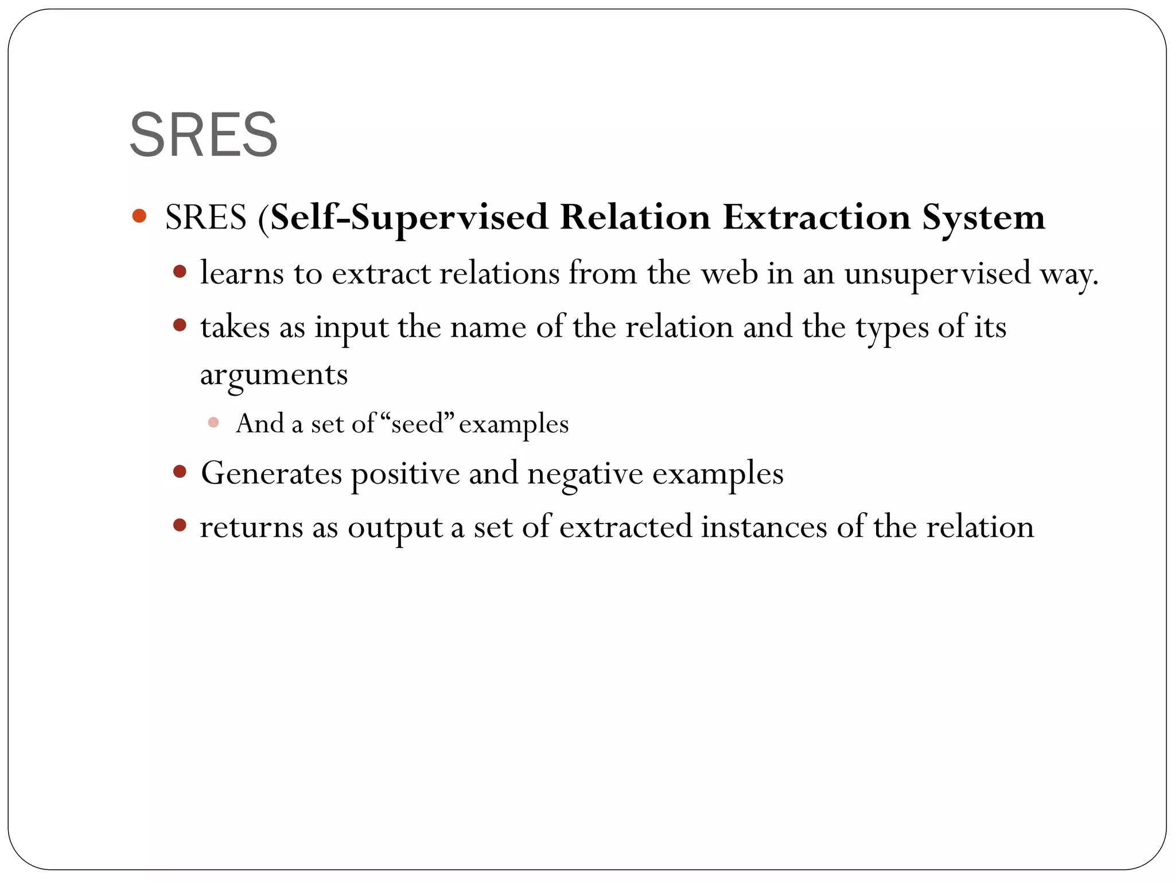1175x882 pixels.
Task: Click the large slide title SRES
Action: click(x=204, y=135)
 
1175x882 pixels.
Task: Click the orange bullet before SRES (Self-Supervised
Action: click(x=139, y=216)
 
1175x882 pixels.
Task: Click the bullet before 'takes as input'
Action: click(x=180, y=326)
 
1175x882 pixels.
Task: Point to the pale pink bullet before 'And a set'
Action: click(x=213, y=423)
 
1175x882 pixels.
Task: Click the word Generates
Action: click(x=271, y=474)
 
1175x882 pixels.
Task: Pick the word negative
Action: click(x=585, y=474)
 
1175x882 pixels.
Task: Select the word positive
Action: click(x=405, y=474)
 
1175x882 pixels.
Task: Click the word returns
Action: click(x=251, y=527)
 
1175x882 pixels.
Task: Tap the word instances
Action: click(x=764, y=527)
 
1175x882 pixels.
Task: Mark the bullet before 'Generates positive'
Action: click(x=180, y=472)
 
